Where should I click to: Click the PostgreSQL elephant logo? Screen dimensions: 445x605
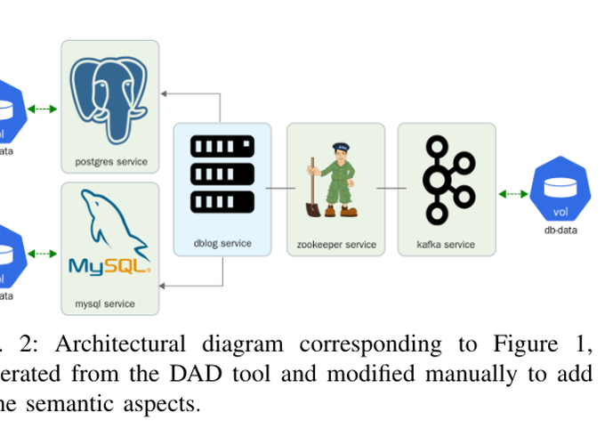pyautogui.click(x=109, y=98)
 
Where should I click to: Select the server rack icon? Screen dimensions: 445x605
pyautogui.click(x=222, y=174)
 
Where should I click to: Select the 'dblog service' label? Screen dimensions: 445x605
pyautogui.click(x=222, y=243)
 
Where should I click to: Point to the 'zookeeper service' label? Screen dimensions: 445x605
pyautogui.click(x=336, y=244)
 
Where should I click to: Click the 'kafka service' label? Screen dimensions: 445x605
pyautogui.click(x=446, y=244)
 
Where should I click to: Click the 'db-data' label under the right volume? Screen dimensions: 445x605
pyautogui.click(x=561, y=230)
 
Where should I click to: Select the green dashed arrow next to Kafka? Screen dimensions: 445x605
pyautogui.click(x=512, y=193)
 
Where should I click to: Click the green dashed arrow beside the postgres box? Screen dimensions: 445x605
pyautogui.click(x=42, y=109)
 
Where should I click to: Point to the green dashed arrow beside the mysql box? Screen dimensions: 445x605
pyautogui.click(x=42, y=254)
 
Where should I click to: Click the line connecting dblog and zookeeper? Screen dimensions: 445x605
pyautogui.click(x=278, y=188)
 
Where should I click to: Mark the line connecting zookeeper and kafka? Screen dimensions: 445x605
pyautogui.click(x=391, y=188)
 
